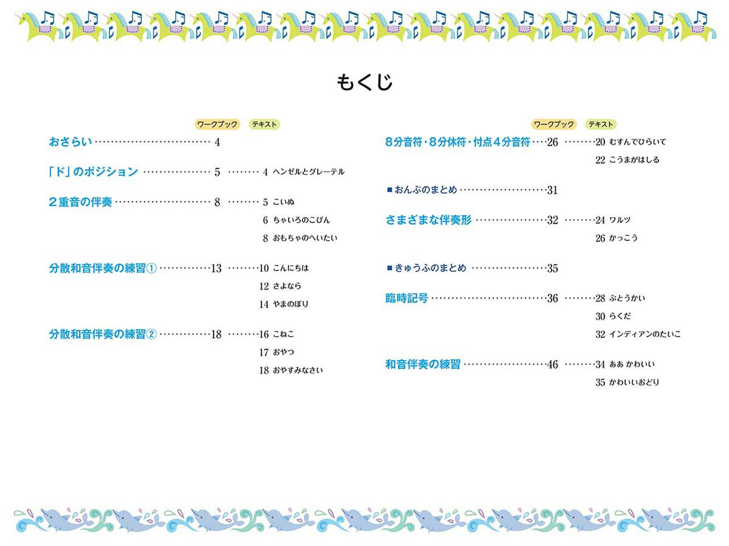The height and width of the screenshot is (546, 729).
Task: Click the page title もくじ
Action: [364, 81]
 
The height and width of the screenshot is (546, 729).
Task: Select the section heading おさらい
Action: [70, 142]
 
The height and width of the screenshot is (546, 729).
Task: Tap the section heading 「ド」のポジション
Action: [94, 172]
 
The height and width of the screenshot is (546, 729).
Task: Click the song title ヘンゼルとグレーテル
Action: [309, 172]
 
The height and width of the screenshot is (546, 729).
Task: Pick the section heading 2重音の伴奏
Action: [80, 202]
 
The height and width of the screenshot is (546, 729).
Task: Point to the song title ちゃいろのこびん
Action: [301, 220]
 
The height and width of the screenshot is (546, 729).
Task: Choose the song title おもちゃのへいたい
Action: [305, 238]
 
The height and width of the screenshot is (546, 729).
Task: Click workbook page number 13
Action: [216, 268]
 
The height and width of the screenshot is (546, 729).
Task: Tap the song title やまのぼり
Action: [290, 304]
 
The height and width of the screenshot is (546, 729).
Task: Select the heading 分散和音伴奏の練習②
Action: [103, 334]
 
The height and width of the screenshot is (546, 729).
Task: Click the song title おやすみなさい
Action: [298, 370]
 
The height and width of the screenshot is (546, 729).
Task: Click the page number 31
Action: [552, 190]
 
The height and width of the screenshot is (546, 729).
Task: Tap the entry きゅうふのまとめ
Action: [430, 268]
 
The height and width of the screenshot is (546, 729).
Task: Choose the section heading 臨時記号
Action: [407, 299]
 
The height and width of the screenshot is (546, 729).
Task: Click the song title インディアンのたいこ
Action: [645, 334]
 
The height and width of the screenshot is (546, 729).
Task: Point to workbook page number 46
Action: [552, 365]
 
